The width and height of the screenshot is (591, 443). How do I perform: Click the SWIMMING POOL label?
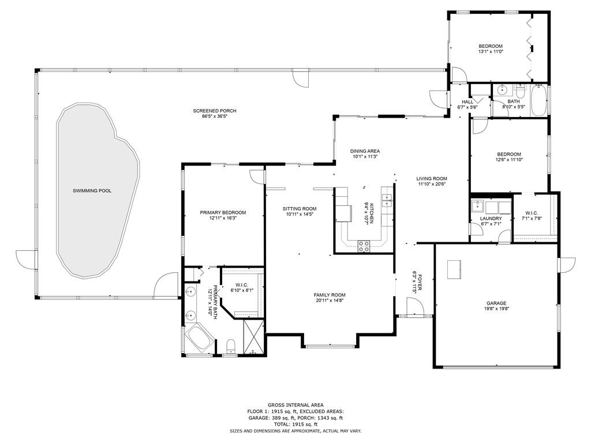click(x=92, y=191)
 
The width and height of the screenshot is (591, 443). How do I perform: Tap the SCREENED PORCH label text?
click(x=215, y=111)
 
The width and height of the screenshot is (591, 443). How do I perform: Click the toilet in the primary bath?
click(x=230, y=347)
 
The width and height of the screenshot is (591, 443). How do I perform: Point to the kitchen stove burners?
click(x=364, y=246)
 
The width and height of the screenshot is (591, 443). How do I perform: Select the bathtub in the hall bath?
click(x=538, y=100)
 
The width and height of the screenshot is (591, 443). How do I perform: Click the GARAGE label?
click(x=496, y=303)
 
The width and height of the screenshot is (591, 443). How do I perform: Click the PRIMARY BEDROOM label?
click(x=223, y=212)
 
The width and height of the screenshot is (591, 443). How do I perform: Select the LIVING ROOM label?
click(x=432, y=179)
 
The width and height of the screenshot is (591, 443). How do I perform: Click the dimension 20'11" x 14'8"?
click(x=330, y=300)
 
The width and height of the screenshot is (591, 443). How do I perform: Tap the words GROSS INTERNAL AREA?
click(x=295, y=405)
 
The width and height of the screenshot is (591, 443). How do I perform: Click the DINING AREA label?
click(x=365, y=151)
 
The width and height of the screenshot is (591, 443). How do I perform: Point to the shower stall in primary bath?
click(x=253, y=336)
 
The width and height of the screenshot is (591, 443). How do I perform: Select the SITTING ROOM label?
click(x=300, y=209)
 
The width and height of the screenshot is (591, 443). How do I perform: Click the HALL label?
click(x=467, y=102)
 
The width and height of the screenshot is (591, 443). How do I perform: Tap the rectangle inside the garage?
click(x=454, y=269)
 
